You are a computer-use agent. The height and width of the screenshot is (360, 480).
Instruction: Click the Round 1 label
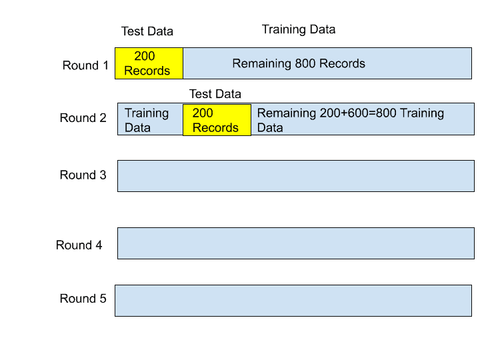click(85, 65)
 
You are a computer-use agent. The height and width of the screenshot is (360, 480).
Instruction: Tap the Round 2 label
click(83, 118)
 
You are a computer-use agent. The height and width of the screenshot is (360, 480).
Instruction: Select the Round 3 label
click(83, 175)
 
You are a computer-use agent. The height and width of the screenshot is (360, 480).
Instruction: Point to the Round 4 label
click(79, 245)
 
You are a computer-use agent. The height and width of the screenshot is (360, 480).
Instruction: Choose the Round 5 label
click(83, 299)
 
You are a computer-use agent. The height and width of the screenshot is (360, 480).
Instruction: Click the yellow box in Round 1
click(149, 63)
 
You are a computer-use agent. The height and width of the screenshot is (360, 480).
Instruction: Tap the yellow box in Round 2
click(217, 120)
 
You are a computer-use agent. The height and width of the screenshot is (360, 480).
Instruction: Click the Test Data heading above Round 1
click(147, 31)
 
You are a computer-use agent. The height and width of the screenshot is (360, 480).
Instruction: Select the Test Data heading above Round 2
click(215, 94)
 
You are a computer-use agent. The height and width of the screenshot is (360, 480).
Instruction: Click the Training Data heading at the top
click(299, 29)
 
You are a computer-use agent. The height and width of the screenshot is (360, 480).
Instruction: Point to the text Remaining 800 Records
click(299, 64)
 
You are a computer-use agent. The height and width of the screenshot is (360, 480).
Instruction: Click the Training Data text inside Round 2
click(147, 120)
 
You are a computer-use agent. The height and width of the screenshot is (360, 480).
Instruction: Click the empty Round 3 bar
click(296, 176)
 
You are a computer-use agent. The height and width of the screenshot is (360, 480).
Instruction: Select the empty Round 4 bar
click(296, 243)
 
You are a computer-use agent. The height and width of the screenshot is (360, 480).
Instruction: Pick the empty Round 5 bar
click(293, 301)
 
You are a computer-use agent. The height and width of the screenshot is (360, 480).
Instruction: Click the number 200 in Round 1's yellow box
click(145, 57)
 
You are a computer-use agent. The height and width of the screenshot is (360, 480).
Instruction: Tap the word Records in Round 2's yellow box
click(215, 128)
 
